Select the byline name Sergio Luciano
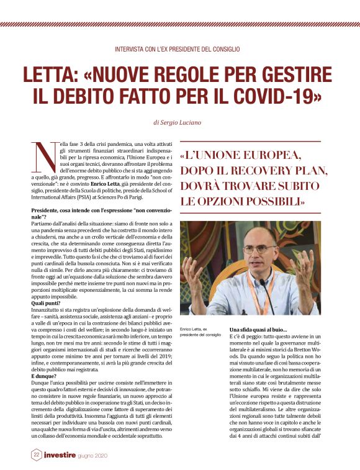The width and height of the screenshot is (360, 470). tap(184, 123)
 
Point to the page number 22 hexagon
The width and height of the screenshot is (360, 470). tap(37, 455)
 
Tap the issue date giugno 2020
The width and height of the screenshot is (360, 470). tap(110, 456)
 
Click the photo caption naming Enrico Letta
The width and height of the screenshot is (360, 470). tap(199, 331)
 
